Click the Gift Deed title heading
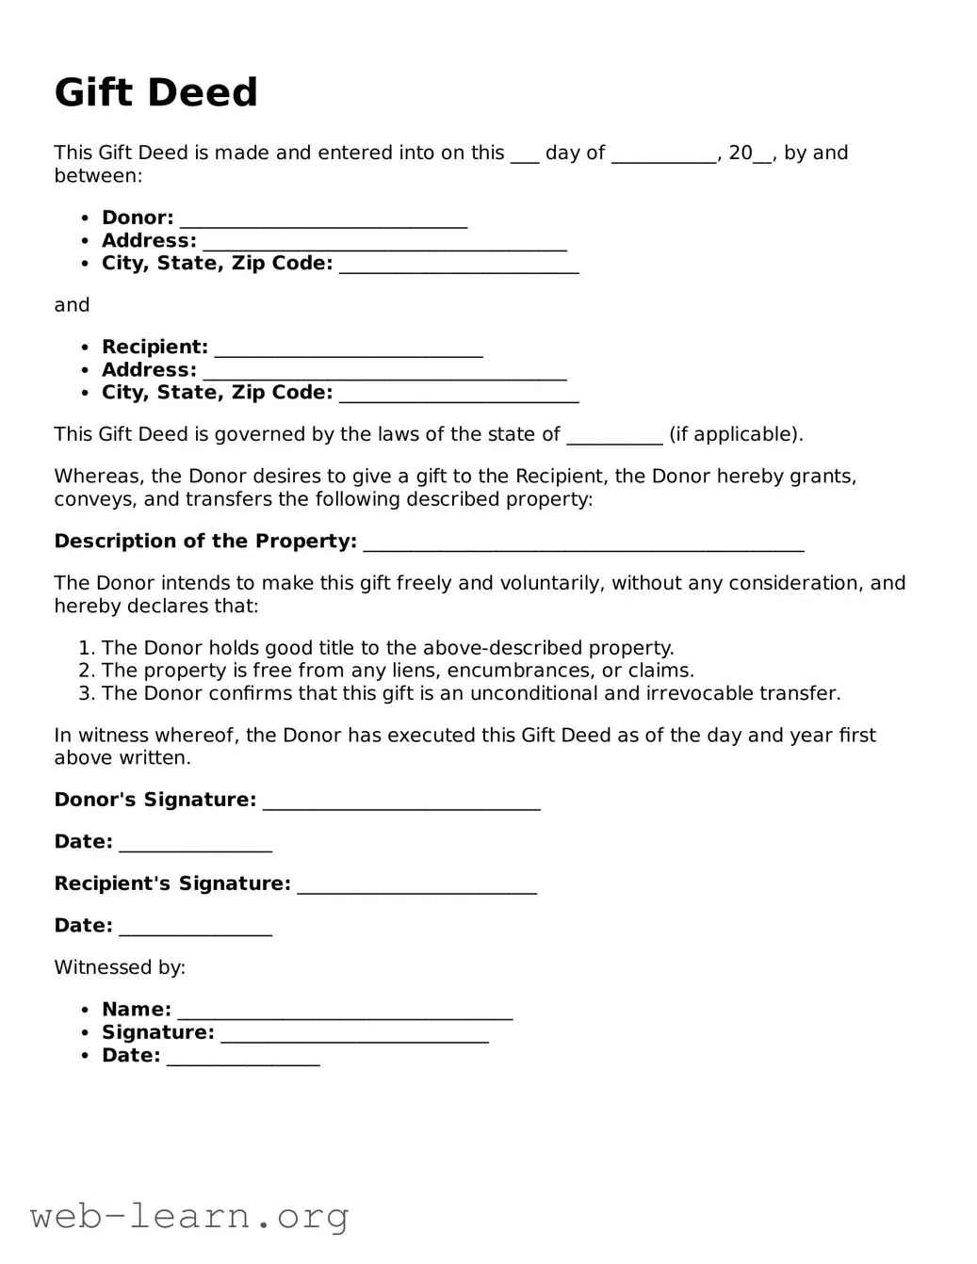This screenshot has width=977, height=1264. point(155,92)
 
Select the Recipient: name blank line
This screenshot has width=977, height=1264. point(349,348)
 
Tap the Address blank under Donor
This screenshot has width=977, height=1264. point(384,242)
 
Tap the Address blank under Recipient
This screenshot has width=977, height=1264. point(384,371)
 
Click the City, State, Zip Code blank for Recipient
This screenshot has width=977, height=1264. point(459,394)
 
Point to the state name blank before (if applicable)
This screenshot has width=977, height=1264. point(614,436)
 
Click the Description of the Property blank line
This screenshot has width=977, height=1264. point(583,543)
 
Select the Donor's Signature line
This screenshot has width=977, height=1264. point(401,801)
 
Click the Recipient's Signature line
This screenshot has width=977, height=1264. point(416,884)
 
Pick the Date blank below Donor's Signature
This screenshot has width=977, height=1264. point(195,843)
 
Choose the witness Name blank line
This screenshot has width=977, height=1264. point(345,1011)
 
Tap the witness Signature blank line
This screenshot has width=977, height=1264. point(354,1033)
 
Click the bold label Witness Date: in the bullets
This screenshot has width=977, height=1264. point(131,1056)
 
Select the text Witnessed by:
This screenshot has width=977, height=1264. point(120,967)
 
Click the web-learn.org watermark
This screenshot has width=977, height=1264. point(189,1216)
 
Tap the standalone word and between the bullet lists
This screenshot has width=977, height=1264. point(72,305)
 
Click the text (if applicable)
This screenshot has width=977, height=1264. point(736,435)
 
